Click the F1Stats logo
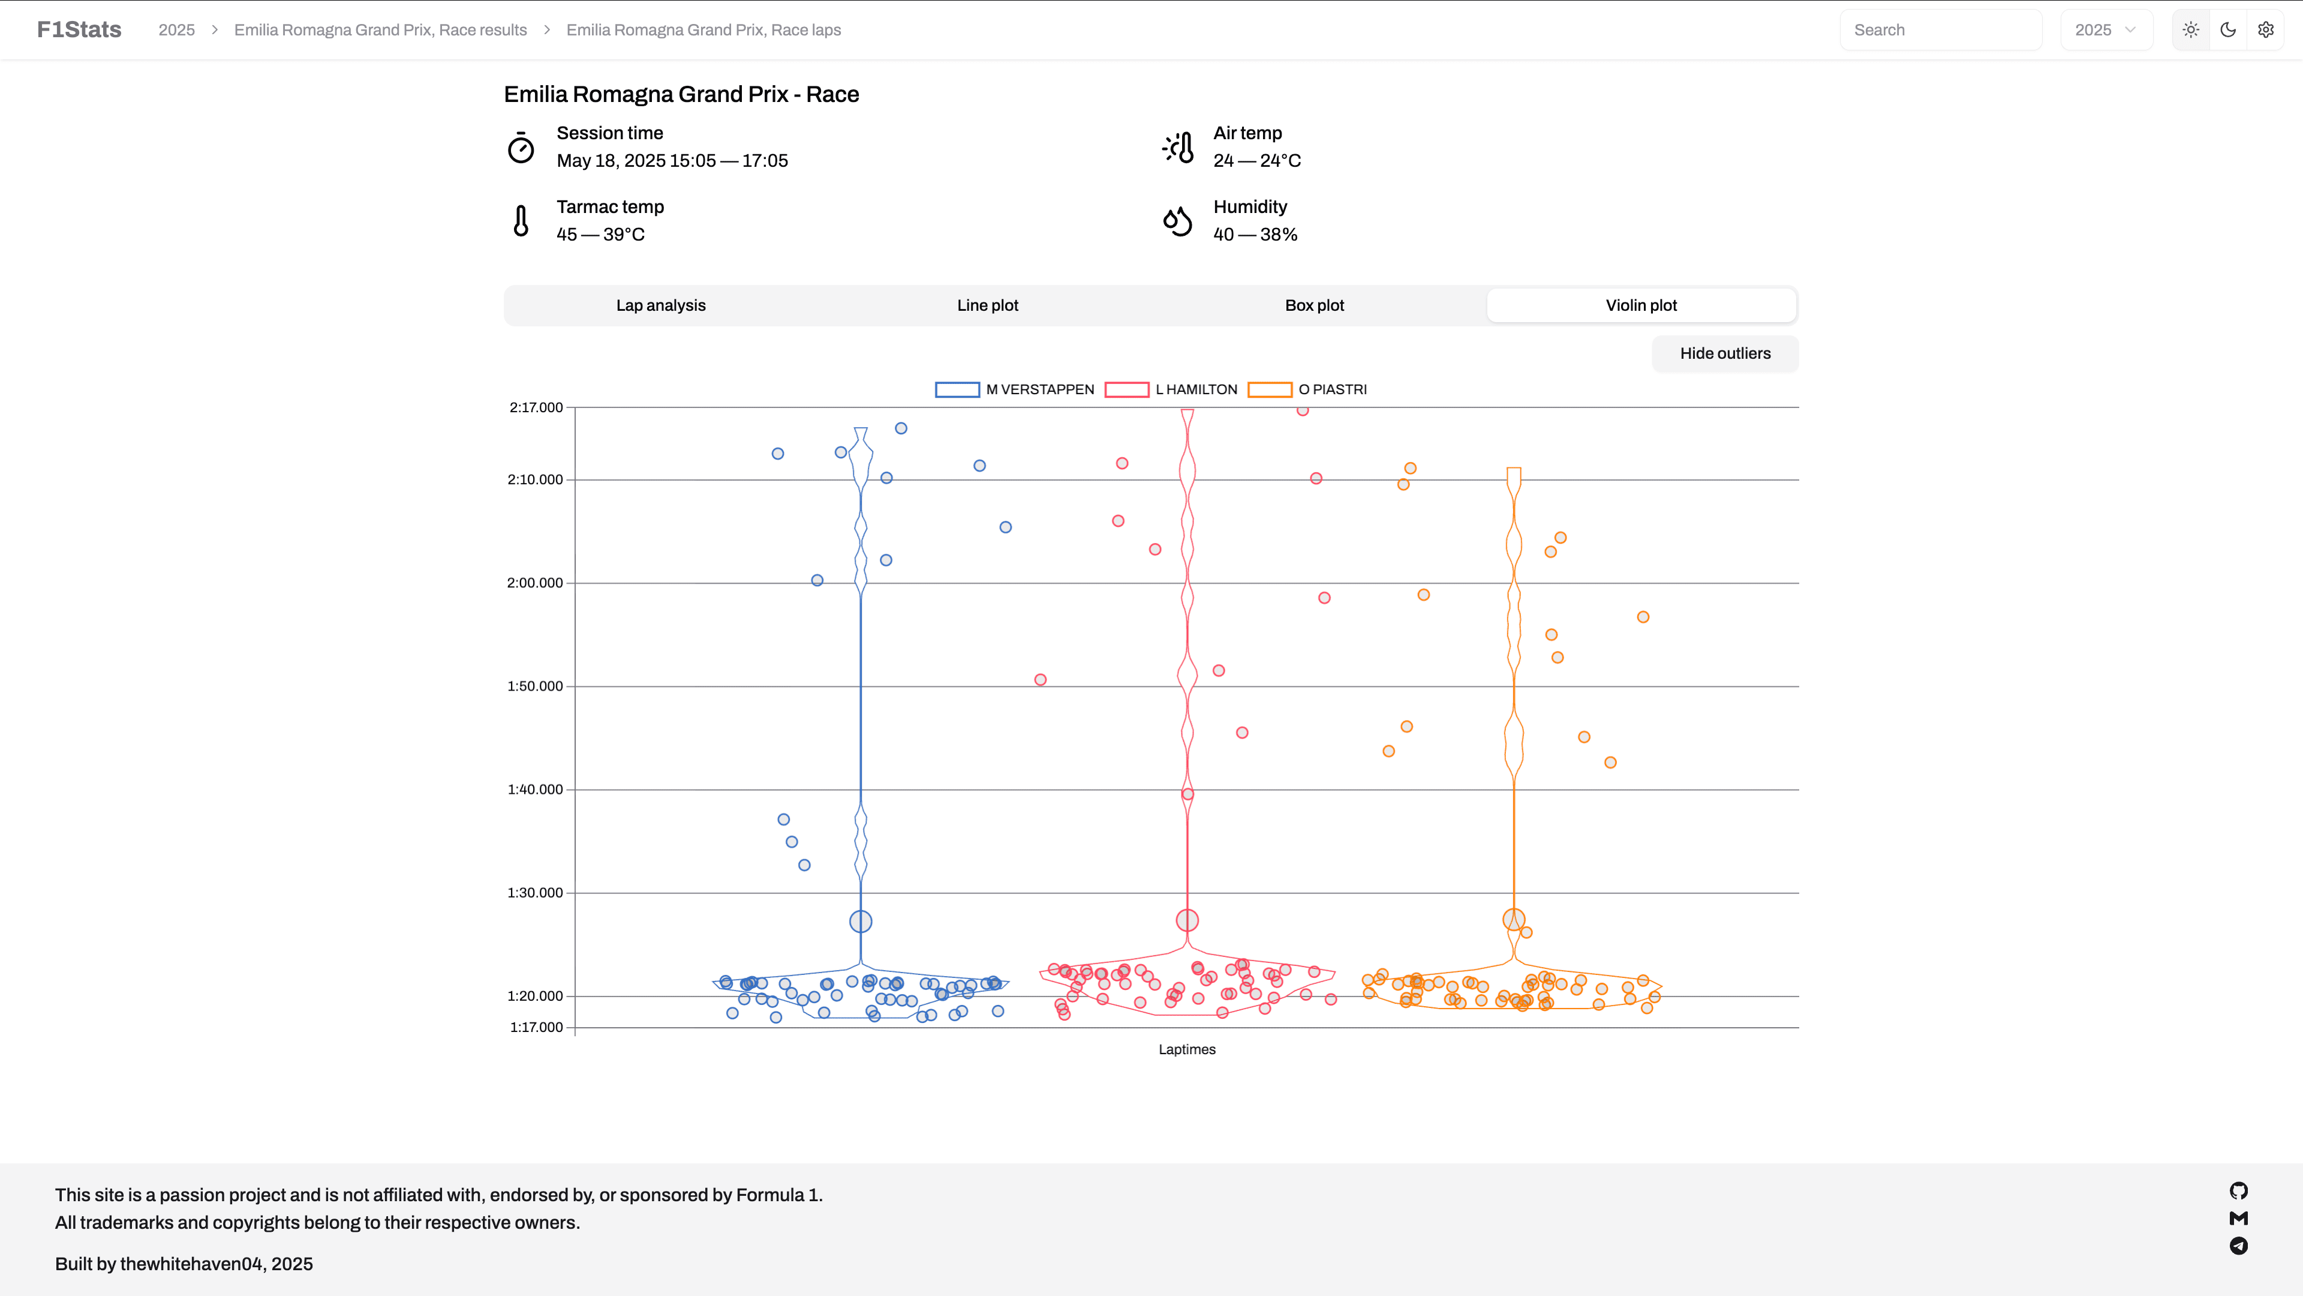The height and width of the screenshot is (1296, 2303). pos(79,29)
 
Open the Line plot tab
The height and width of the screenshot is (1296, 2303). pos(987,305)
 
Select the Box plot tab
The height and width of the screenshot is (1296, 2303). pos(1314,305)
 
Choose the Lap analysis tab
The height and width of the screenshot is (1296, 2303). pos(661,305)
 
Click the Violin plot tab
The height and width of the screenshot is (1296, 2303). pos(1640,305)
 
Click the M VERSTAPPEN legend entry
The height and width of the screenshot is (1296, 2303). pos(1015,389)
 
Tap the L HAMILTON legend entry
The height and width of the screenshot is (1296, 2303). pos(1171,389)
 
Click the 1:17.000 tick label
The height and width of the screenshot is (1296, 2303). pos(536,1027)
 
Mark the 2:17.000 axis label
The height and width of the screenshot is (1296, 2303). pos(536,407)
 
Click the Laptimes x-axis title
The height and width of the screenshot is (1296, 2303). pos(1186,1049)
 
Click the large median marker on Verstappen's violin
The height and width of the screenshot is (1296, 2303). pos(860,921)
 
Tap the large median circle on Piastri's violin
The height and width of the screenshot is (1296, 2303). pos(1513,919)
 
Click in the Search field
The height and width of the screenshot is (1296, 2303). pos(1940,29)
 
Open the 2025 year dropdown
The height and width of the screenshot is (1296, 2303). pos(2106,29)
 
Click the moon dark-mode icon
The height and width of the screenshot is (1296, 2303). pos(2228,29)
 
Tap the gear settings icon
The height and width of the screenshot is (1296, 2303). pos(2265,29)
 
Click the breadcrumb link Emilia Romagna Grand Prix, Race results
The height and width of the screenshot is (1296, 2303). pos(380,29)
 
